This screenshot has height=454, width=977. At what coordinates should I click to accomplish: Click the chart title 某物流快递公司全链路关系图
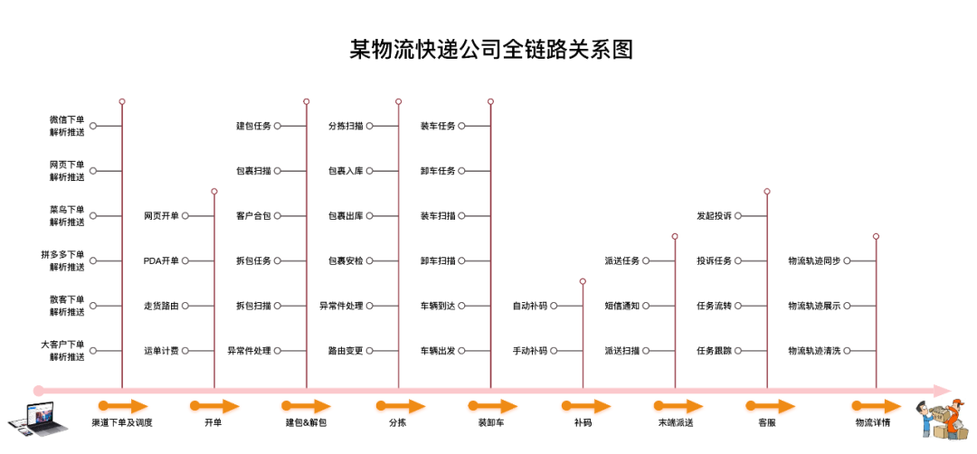[491, 49]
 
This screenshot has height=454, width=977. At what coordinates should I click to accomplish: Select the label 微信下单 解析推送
[67, 126]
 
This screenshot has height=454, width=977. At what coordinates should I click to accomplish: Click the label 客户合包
[253, 216]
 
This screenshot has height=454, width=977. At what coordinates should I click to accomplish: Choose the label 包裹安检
[346, 261]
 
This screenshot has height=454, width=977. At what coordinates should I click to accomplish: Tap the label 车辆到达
[438, 306]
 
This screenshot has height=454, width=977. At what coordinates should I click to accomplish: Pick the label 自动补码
[530, 306]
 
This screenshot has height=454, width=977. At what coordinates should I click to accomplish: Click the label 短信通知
[622, 306]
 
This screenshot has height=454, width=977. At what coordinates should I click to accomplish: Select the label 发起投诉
[715, 216]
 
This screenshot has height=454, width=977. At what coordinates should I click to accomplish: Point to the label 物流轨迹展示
[814, 306]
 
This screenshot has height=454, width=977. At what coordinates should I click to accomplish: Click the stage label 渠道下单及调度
[122, 422]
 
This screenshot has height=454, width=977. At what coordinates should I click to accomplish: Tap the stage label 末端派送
[676, 422]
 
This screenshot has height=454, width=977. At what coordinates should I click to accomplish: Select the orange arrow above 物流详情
[877, 406]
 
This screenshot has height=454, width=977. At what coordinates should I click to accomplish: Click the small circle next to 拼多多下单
[92, 261]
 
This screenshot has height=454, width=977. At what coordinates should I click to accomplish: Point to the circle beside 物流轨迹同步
[848, 261]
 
